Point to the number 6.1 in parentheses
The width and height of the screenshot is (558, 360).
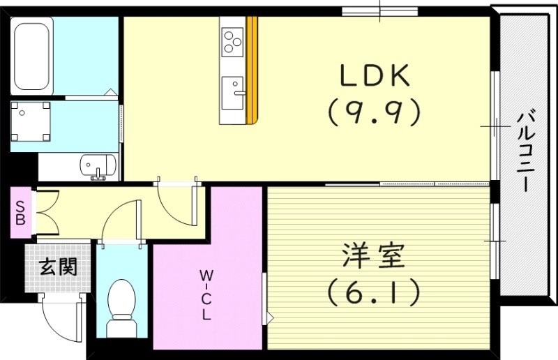pyautogui.click(x=375, y=292)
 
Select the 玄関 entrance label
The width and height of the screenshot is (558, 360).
pyautogui.click(x=58, y=267)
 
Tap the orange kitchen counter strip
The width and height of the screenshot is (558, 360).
pyautogui.click(x=252, y=70)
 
